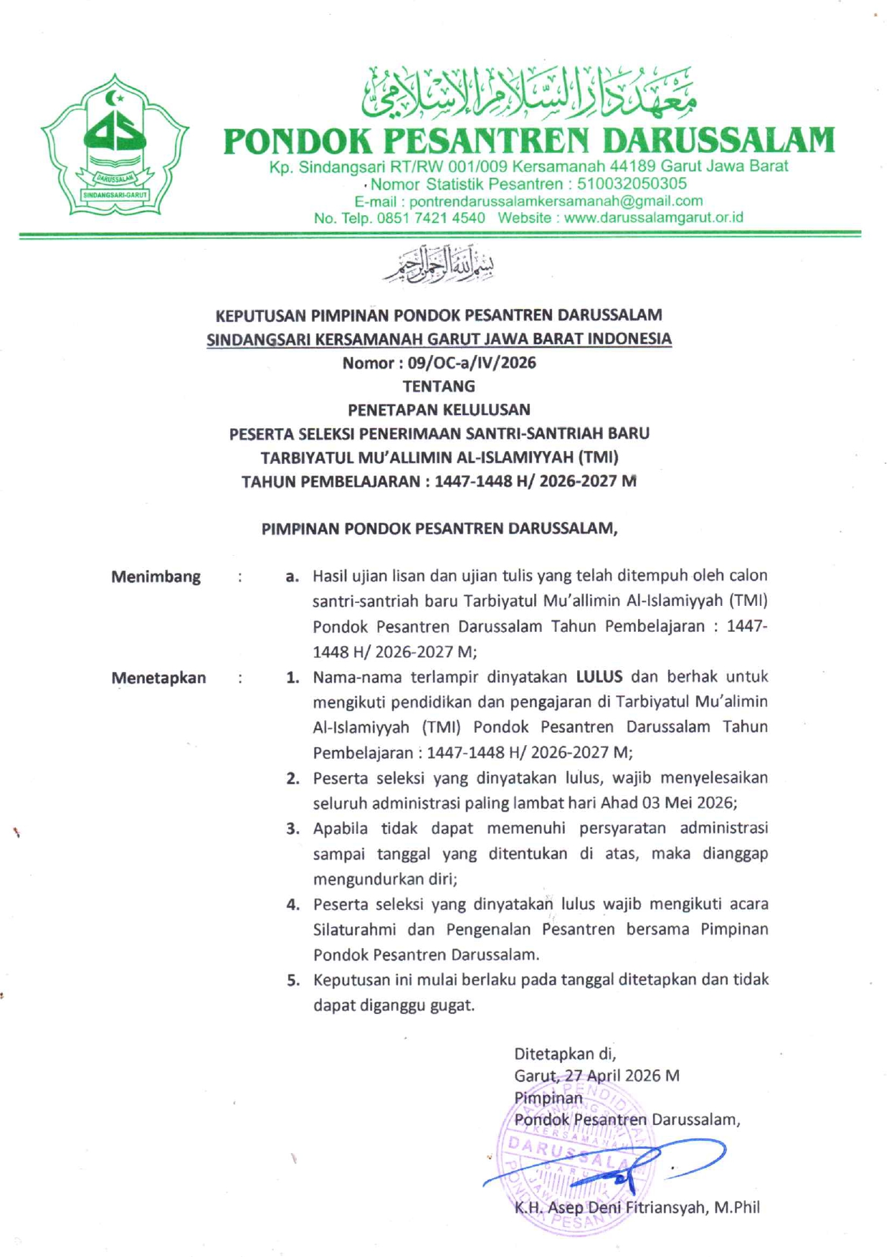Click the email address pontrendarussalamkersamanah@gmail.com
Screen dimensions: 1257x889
[x=556, y=201]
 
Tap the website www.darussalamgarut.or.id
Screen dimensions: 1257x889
[x=653, y=218]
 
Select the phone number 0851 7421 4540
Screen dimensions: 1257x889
[x=430, y=218]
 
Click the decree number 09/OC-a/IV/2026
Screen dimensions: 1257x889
[x=471, y=363]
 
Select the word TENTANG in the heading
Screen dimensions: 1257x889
[x=439, y=386]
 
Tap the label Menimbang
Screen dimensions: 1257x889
[x=156, y=577]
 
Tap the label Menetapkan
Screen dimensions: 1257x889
[x=158, y=678]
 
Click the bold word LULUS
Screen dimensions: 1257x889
[x=599, y=677]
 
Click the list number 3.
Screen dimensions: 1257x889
[x=293, y=830]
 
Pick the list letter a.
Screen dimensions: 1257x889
[x=291, y=577]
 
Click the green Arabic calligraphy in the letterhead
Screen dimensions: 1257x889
[x=529, y=93]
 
